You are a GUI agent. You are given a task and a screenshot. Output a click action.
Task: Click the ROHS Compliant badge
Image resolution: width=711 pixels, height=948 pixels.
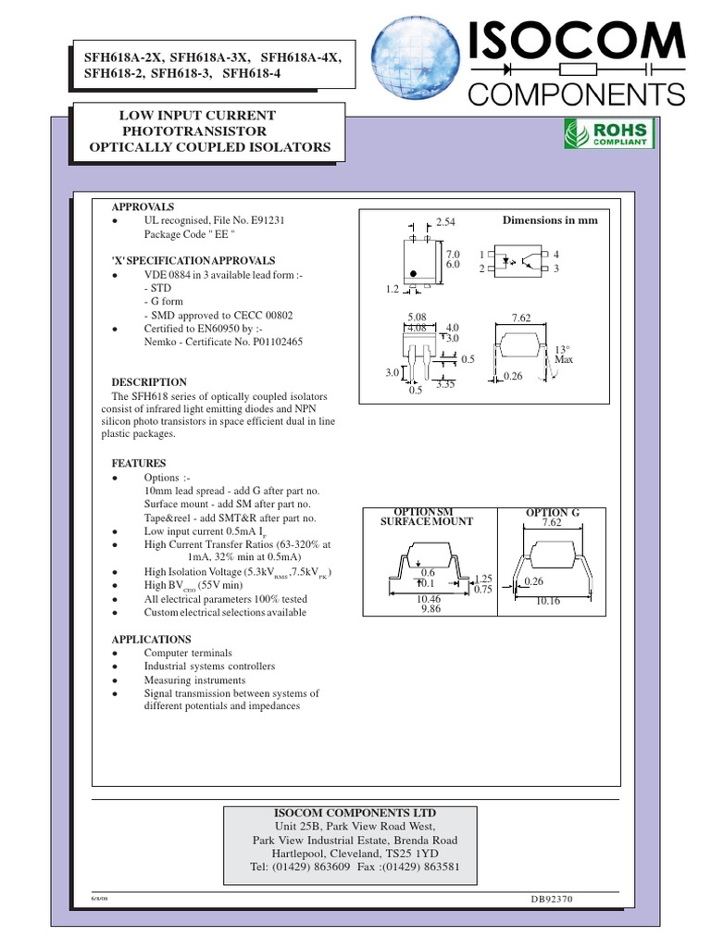(x=609, y=135)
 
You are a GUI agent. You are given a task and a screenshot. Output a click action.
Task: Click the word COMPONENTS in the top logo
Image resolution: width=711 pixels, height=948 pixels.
(x=577, y=93)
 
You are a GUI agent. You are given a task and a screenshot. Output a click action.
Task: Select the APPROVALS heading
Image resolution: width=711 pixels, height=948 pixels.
(x=143, y=207)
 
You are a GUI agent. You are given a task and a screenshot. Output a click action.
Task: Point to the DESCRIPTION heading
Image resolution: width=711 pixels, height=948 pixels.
(x=149, y=382)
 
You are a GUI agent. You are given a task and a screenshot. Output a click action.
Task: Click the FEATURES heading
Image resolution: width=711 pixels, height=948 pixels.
(x=139, y=463)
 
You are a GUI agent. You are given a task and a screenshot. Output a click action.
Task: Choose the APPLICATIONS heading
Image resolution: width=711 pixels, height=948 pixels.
(x=152, y=640)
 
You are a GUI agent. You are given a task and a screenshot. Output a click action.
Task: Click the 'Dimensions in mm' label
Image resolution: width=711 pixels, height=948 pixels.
(x=550, y=220)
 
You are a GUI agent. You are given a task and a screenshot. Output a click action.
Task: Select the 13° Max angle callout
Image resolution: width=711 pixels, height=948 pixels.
(x=564, y=354)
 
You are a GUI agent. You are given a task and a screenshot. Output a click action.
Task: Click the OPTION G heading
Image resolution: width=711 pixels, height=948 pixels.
(x=552, y=512)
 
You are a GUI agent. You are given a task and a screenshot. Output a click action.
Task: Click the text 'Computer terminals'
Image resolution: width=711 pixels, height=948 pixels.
(x=188, y=653)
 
